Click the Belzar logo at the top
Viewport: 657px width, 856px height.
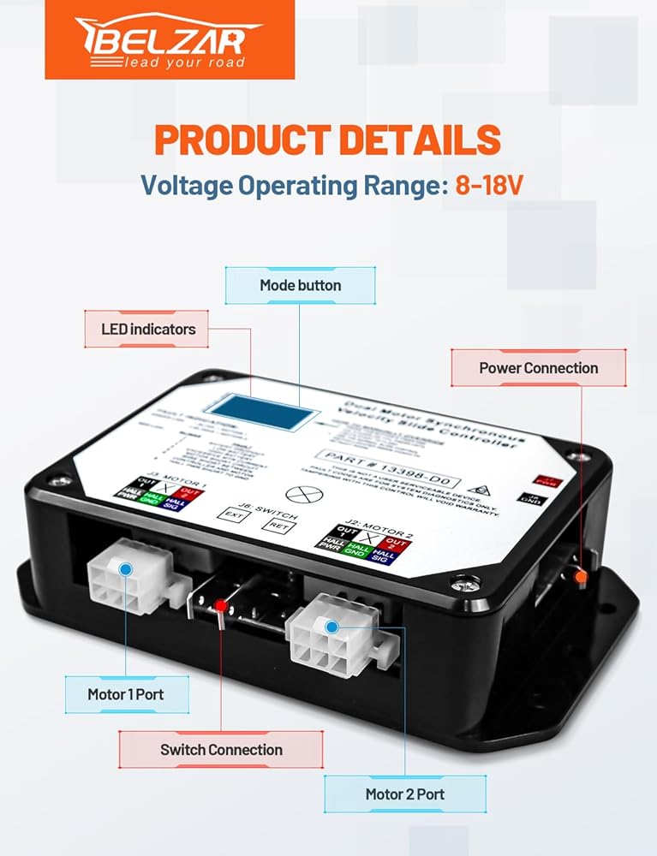point(170,40)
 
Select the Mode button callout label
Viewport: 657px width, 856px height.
point(300,285)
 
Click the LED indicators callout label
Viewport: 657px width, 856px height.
point(147,329)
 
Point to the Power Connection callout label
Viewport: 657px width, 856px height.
point(538,367)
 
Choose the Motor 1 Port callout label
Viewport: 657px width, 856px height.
point(127,694)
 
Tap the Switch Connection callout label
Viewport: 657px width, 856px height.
point(221,749)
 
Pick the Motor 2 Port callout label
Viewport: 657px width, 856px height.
point(404,794)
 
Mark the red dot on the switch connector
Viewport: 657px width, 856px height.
point(221,606)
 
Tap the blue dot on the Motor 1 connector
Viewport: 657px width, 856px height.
point(126,569)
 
